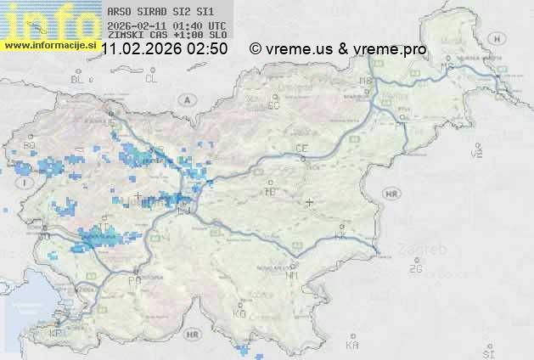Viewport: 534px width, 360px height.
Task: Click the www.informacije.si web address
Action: [x=49, y=45]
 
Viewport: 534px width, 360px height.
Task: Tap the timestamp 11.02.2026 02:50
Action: [x=164, y=49]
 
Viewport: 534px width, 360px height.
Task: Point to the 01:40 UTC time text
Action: [x=202, y=26]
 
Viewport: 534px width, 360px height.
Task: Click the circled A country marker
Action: [x=185, y=99]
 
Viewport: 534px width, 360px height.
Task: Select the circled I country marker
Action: [x=26, y=183]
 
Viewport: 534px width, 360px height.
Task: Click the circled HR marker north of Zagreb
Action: [x=391, y=194]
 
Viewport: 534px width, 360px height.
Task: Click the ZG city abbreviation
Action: [x=415, y=269]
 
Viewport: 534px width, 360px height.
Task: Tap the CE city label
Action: [x=301, y=149]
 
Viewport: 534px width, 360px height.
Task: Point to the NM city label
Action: [x=292, y=275]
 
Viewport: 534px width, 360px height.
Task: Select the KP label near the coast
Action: [x=55, y=334]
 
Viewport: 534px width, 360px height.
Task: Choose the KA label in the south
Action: [x=352, y=345]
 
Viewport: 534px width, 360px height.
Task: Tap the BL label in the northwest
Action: [x=79, y=79]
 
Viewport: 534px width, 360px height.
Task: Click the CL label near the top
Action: [x=151, y=79]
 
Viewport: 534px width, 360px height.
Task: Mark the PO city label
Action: [x=133, y=280]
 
